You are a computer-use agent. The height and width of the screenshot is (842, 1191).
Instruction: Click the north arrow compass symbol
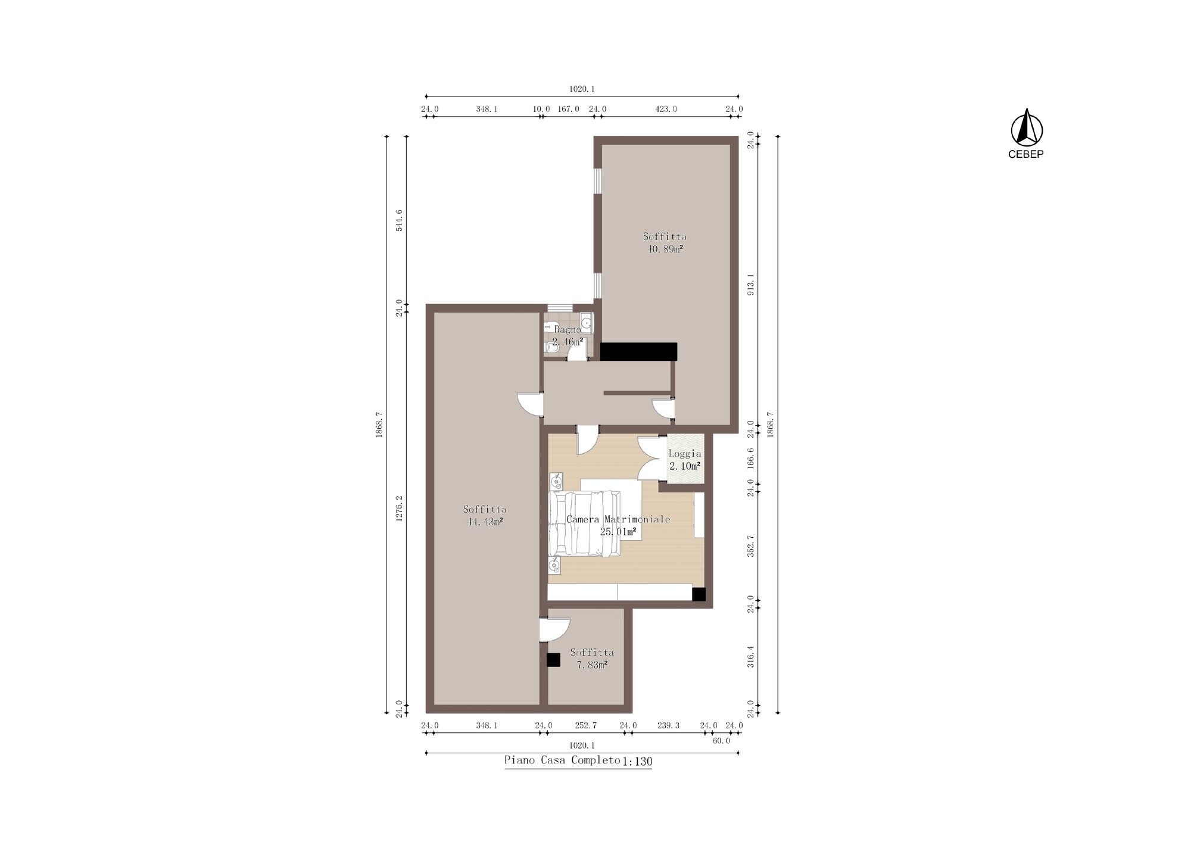(x=1027, y=127)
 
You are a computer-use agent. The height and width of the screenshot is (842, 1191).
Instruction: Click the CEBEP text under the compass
(x=1025, y=154)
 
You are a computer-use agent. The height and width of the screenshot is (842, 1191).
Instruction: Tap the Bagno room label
(x=567, y=329)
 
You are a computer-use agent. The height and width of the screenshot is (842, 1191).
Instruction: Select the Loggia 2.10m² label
(x=685, y=460)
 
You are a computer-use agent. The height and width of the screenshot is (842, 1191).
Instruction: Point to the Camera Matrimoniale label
(x=618, y=519)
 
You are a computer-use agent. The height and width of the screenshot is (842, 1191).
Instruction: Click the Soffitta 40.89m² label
(x=665, y=242)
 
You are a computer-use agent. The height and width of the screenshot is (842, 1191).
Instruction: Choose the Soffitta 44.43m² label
(x=485, y=515)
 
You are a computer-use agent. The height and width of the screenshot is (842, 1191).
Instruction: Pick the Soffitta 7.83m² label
(x=592, y=658)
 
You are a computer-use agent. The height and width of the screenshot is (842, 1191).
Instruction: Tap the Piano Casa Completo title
(x=562, y=760)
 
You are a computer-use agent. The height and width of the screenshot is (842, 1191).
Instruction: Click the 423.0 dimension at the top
(x=666, y=109)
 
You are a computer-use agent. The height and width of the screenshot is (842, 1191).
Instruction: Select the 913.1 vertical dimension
(x=751, y=284)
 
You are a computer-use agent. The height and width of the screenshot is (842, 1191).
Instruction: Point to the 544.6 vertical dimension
(x=399, y=220)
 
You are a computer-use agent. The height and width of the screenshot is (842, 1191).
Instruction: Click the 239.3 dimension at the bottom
(x=668, y=725)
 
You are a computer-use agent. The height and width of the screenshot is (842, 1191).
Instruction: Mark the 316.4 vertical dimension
(x=751, y=656)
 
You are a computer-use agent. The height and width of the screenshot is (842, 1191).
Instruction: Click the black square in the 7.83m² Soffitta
(x=553, y=660)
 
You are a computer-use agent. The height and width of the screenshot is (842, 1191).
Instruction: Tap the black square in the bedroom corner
(x=699, y=594)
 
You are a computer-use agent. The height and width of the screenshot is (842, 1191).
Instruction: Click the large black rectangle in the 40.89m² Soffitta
(x=638, y=351)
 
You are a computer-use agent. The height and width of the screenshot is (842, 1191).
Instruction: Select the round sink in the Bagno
(x=586, y=323)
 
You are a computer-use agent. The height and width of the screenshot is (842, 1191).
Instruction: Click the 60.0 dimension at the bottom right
(x=721, y=741)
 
